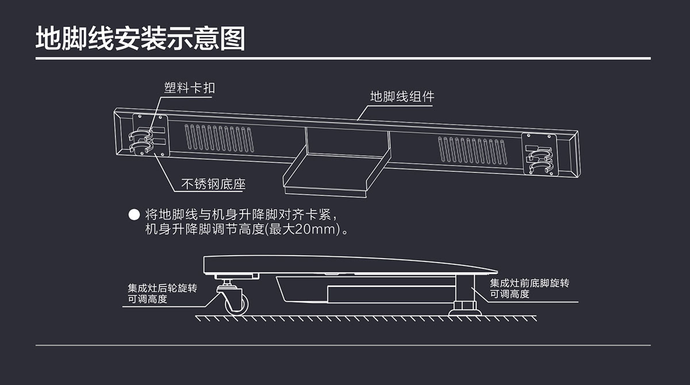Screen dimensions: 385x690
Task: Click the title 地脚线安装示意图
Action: click(x=140, y=38)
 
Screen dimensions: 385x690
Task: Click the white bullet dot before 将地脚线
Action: click(x=134, y=215)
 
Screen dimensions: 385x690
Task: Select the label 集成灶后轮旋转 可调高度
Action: click(x=162, y=294)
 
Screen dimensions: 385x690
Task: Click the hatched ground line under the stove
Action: click(x=365, y=318)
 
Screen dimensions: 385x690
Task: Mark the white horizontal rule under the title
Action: click(x=343, y=59)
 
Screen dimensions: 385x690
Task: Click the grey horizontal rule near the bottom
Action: click(x=343, y=345)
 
